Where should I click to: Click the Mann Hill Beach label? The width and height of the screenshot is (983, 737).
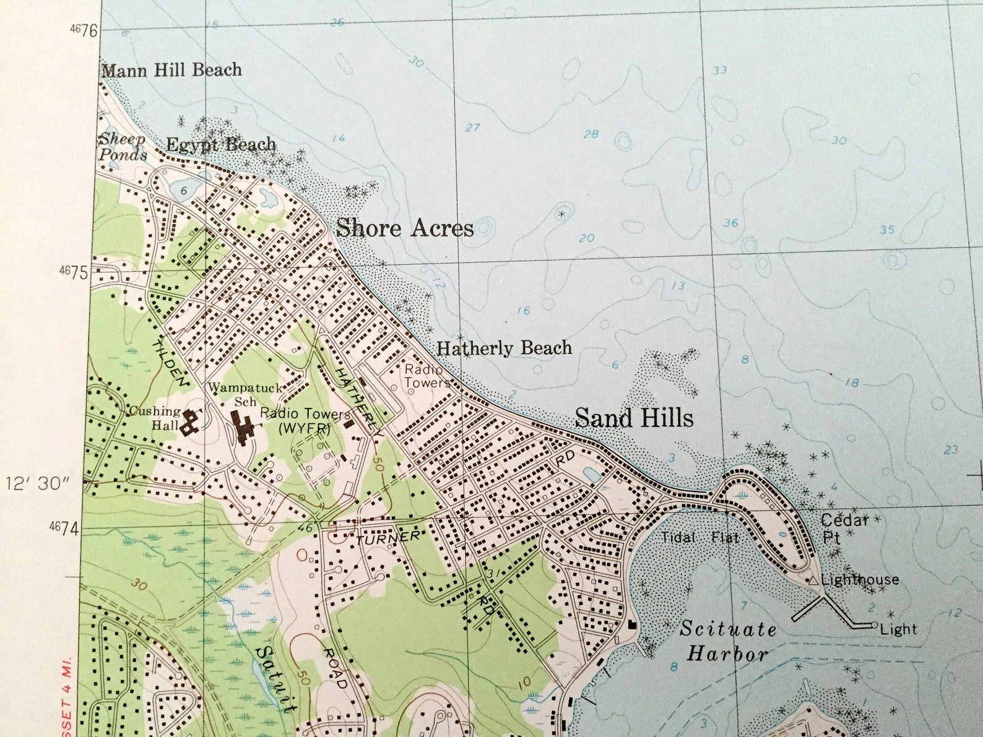171,70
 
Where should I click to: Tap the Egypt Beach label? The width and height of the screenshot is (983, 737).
221,145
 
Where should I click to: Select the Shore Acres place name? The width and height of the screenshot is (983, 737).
405,228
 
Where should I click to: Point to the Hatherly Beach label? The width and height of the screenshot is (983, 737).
504,348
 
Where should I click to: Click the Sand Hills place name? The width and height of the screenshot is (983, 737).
634,418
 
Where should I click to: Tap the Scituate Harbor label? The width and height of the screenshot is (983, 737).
727,642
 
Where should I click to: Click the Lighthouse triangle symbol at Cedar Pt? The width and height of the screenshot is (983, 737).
812,580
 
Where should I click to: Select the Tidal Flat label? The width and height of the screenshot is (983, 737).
699,538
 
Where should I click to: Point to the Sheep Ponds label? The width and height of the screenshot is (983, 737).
123,147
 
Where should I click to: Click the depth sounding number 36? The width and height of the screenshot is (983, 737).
730,223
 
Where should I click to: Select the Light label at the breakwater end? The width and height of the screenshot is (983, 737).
898,629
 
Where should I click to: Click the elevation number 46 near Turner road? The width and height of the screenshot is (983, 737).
305,528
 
